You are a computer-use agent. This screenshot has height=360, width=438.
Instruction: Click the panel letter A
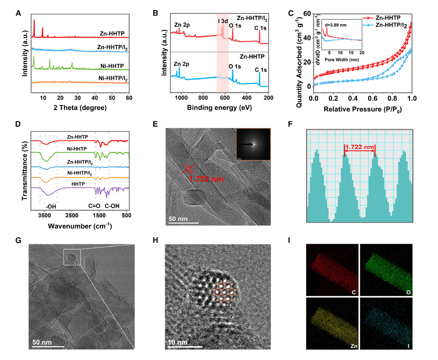(x=18, y=14)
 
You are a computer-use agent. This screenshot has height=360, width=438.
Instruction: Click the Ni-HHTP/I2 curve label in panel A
(x=113, y=78)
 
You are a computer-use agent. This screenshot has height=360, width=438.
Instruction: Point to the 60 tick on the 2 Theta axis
(x=129, y=98)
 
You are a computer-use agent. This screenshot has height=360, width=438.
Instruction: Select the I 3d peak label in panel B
(x=223, y=21)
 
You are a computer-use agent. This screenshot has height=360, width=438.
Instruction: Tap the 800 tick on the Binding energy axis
(x=203, y=98)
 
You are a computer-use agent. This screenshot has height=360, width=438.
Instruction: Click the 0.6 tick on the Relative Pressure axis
(x=373, y=98)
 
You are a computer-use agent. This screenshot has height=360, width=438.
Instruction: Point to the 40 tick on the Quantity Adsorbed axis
(x=307, y=38)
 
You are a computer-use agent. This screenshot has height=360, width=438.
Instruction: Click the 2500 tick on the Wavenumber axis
(x=72, y=215)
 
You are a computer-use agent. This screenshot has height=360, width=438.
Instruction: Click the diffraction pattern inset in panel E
(x=253, y=144)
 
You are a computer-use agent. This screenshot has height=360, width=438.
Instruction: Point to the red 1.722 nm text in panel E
(x=206, y=179)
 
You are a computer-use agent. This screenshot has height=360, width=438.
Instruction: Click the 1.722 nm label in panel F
(x=360, y=147)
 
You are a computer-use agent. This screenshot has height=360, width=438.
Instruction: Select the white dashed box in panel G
(x=72, y=257)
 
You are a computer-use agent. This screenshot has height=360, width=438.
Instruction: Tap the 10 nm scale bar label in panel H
(x=178, y=342)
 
